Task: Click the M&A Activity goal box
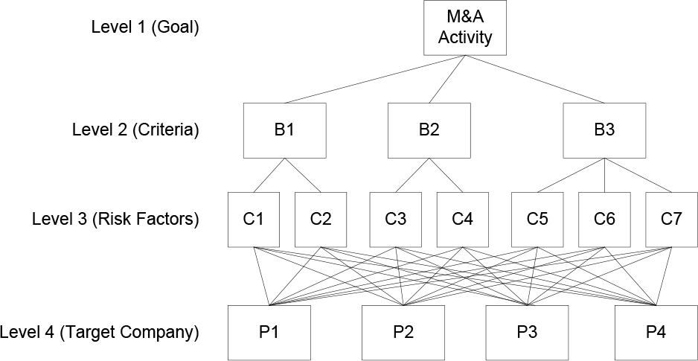click(x=465, y=28)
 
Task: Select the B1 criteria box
click(x=284, y=130)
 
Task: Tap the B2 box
click(x=429, y=130)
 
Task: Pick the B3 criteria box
click(x=604, y=130)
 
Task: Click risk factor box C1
click(x=254, y=220)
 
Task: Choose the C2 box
click(x=321, y=220)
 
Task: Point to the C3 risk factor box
click(x=396, y=220)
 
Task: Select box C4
click(x=463, y=220)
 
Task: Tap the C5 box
click(x=537, y=220)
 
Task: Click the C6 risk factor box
click(x=604, y=220)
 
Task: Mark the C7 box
click(x=671, y=220)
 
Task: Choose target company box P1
click(x=269, y=333)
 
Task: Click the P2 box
click(x=403, y=333)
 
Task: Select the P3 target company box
click(x=527, y=333)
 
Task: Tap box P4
click(x=656, y=333)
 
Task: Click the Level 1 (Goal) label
click(x=144, y=28)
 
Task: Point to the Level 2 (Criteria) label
click(x=135, y=130)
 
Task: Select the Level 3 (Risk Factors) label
click(x=115, y=220)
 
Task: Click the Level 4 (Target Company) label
click(x=99, y=333)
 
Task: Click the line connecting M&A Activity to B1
click(x=375, y=79)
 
